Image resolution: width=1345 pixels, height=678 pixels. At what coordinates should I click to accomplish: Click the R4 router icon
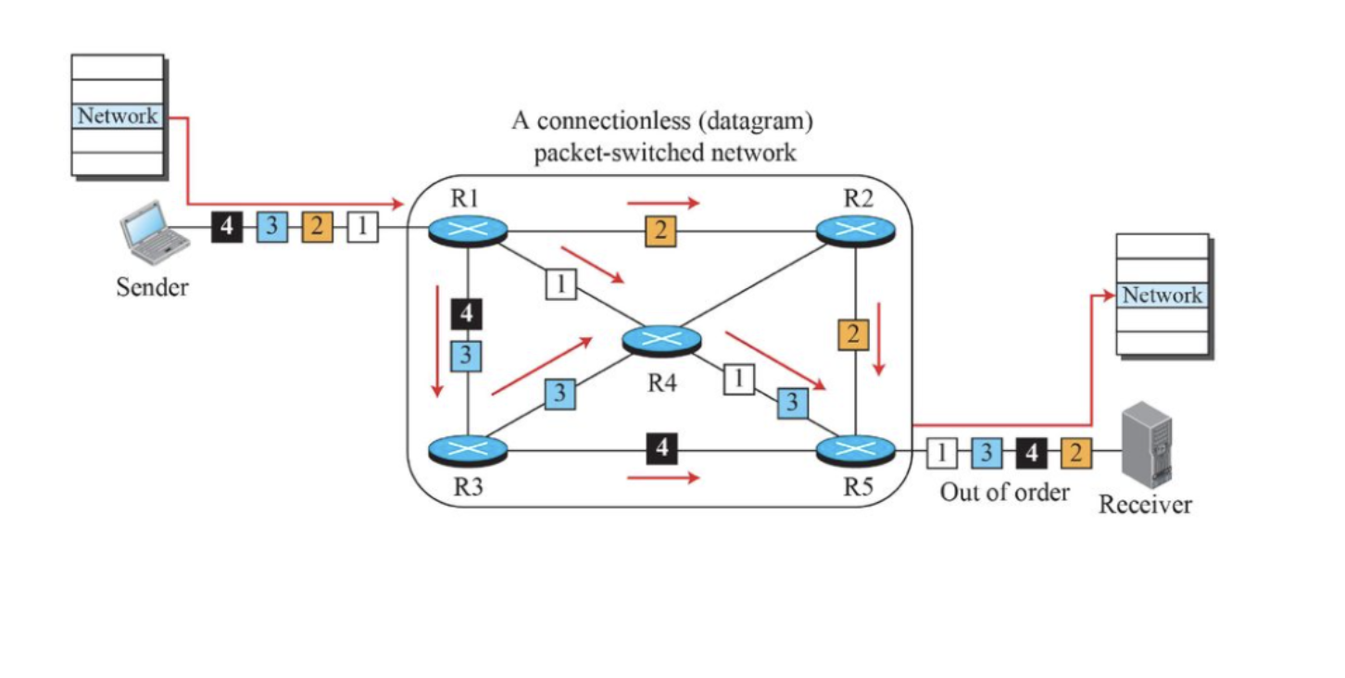click(661, 340)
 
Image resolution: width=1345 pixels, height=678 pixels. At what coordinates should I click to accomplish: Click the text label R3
click(469, 488)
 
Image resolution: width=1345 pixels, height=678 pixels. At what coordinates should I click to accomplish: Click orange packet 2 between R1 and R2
click(660, 231)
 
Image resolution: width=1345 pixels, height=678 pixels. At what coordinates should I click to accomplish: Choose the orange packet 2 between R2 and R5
click(853, 334)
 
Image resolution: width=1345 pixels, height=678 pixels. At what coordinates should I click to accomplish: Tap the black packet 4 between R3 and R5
click(661, 448)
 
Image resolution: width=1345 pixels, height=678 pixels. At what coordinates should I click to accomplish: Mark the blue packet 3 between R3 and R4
click(559, 393)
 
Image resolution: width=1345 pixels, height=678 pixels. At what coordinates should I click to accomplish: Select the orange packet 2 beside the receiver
click(1075, 454)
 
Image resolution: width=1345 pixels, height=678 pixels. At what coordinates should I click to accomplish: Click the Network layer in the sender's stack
click(118, 117)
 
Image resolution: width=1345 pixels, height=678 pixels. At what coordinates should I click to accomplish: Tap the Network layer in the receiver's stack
click(1163, 295)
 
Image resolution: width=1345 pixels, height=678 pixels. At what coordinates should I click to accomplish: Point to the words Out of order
click(1004, 491)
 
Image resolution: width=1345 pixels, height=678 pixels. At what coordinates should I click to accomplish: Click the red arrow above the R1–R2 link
click(663, 201)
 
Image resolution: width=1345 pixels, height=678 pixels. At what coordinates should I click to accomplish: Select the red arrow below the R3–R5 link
click(663, 478)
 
